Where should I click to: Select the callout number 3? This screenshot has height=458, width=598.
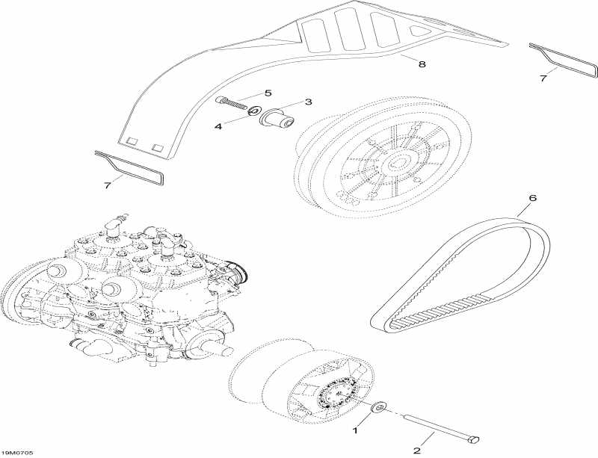307,102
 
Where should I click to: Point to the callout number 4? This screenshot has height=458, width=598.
218,127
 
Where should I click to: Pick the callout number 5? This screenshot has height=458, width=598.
267,93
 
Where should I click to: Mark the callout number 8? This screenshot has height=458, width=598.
422,65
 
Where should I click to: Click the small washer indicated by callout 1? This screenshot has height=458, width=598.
377,407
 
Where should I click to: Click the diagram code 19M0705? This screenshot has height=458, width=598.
17,453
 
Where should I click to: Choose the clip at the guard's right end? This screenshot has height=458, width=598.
564,60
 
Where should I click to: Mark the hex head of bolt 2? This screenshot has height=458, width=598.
471,441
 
